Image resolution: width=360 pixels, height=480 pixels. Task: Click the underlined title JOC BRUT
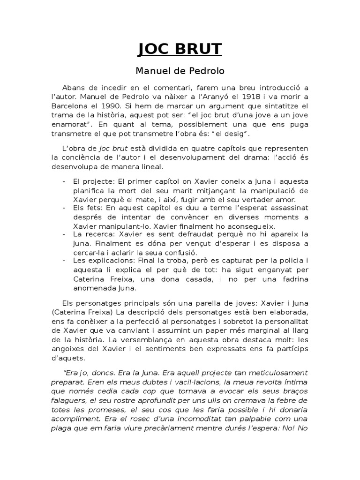point(180,50)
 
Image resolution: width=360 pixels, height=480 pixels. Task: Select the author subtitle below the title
point(180,72)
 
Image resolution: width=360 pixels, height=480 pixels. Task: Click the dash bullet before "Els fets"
point(64,208)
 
